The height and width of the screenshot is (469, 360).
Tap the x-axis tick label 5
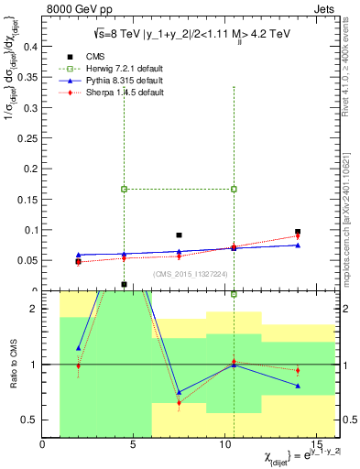[134, 444]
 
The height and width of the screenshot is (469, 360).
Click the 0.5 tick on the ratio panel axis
[30, 420]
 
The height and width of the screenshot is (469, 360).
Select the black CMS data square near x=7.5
[179, 235]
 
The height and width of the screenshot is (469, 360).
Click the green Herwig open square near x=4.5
[124, 189]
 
